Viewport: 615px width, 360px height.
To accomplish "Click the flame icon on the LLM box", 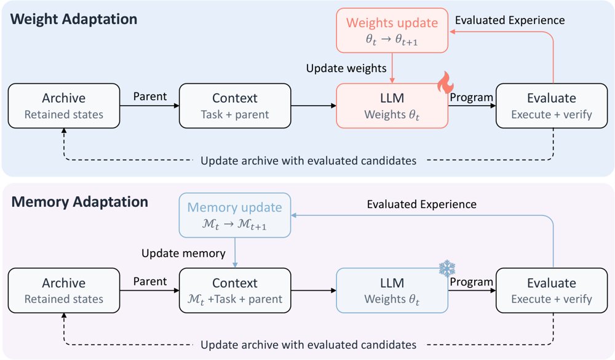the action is pos(446,82).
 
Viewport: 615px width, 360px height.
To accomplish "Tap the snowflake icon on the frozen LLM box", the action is pos(446,268).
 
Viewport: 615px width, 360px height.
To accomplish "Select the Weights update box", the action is pos(392,30).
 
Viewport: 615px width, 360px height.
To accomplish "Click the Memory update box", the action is pos(234,215).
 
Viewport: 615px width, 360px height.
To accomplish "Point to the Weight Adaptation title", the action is pos(74,19).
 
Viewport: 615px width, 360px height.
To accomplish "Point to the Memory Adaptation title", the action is pos(79,202).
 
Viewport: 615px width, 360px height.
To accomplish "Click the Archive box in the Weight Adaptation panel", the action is pos(64,106).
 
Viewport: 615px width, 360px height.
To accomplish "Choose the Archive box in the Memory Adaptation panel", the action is pos(64,290).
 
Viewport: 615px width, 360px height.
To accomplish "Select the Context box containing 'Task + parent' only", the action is pos(235,106).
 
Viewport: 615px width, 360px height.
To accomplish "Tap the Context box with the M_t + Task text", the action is pos(235,290).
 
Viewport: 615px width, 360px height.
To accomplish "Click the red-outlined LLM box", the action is pos(392,106).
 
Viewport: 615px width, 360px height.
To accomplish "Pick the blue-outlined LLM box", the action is pos(392,290).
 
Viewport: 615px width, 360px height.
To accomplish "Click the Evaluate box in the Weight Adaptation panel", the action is pos(552,106).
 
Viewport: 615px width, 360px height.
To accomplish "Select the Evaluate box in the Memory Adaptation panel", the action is pos(552,290).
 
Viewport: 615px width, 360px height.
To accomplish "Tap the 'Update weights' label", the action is pos(346,68).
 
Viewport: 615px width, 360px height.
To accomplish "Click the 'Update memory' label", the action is pos(183,253).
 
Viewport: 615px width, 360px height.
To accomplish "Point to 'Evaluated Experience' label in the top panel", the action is pos(510,20).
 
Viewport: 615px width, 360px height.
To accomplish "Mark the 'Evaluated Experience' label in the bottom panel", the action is pos(422,204).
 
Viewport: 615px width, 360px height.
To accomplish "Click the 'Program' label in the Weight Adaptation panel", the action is pos(472,97).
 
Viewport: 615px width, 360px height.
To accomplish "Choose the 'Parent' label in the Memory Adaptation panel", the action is pos(150,281).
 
